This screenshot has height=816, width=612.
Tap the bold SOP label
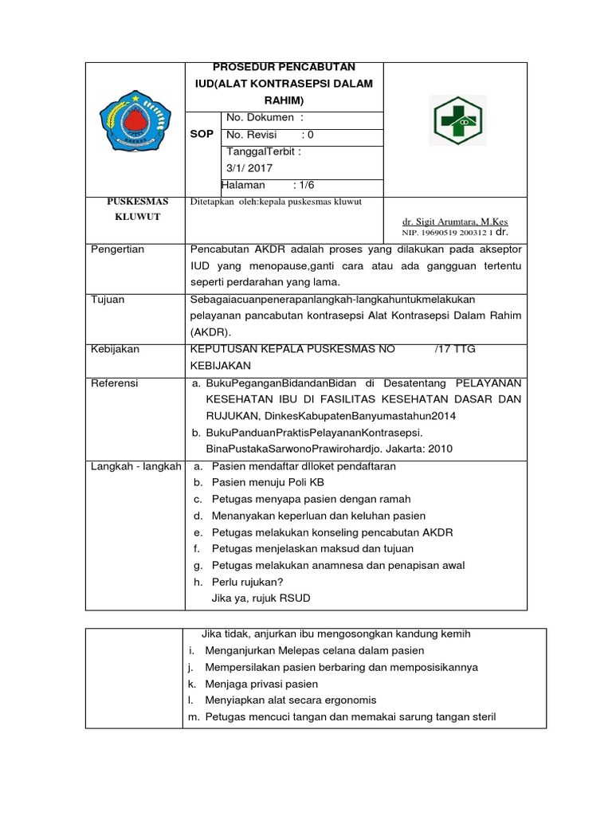point(202,134)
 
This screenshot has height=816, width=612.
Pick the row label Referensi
point(115,383)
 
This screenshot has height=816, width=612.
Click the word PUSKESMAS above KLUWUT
point(135,202)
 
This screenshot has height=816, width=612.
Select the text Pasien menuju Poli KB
point(268,483)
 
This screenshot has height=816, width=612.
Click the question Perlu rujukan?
point(248,582)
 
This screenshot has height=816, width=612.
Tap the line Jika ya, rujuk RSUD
point(261,598)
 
